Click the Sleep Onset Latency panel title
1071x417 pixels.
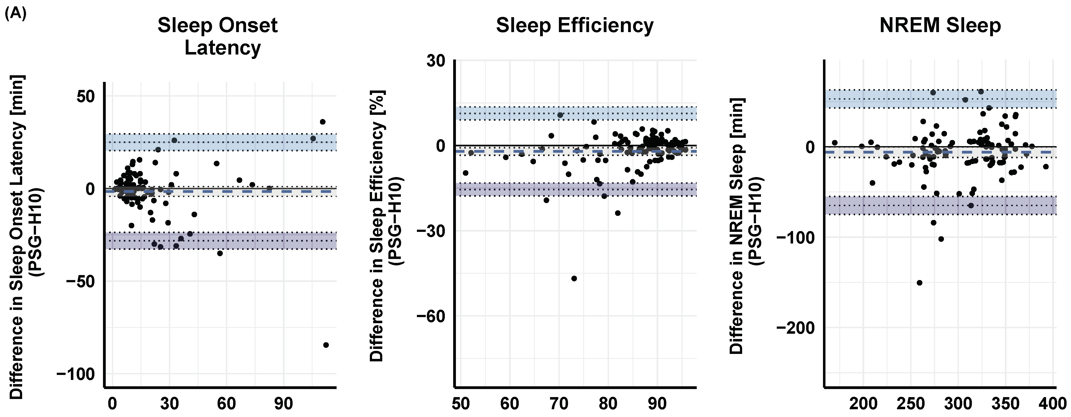click(x=218, y=36)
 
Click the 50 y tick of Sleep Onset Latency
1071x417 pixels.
click(x=86, y=97)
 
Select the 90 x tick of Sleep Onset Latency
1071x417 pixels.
click(x=283, y=403)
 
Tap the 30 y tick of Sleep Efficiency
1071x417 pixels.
click(x=436, y=61)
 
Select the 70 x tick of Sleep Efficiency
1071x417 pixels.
click(x=559, y=403)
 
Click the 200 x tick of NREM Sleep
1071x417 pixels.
click(x=863, y=403)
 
